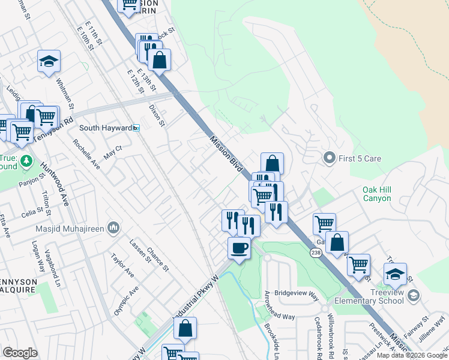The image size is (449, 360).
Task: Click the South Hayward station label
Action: (x=106, y=128)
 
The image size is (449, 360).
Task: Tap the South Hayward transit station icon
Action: (x=136, y=128)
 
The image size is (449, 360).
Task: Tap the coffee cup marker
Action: (x=239, y=248)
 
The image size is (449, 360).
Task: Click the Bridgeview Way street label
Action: (x=296, y=293)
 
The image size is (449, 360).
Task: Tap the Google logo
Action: (x=20, y=353)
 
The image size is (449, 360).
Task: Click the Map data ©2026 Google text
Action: (x=412, y=355)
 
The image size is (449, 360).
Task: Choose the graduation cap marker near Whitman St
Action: (x=49, y=61)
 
